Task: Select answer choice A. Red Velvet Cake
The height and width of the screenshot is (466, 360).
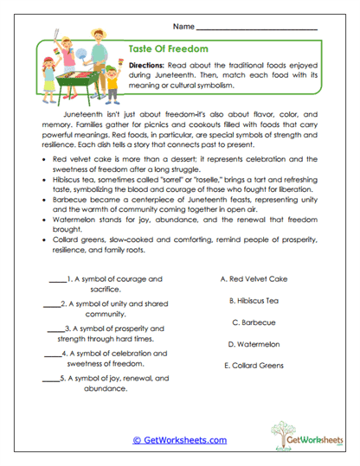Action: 260,280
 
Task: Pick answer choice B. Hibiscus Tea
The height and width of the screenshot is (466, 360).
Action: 260,301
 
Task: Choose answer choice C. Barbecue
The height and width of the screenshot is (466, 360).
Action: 260,322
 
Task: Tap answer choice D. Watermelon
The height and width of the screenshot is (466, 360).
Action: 260,344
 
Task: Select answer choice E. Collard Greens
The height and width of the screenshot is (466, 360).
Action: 260,365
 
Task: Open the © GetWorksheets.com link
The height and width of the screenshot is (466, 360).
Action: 179,440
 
